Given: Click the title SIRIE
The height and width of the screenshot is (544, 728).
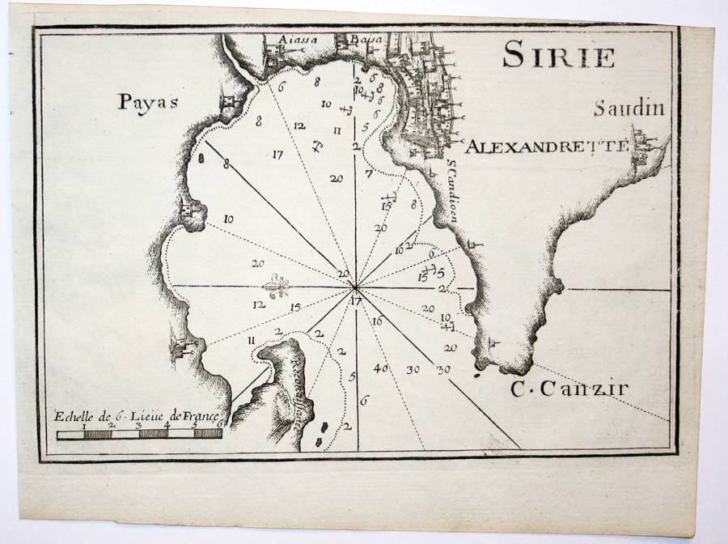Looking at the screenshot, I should pos(558,55).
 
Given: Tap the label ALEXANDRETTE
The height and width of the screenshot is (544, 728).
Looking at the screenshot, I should pos(547,147).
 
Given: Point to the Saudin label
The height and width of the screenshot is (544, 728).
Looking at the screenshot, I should pos(628,108).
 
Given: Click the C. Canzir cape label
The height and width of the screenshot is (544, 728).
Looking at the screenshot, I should pos(569,389).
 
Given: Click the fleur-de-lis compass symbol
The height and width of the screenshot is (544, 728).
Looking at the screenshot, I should pos(277,287).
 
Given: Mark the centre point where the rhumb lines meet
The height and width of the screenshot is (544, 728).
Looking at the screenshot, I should pos(356,287).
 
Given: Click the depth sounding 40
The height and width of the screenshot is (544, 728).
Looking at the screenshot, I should pos(382,368).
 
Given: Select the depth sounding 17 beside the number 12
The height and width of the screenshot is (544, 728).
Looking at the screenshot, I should pos(277,154).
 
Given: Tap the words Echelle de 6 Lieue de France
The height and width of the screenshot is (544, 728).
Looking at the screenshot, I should pos(137,418).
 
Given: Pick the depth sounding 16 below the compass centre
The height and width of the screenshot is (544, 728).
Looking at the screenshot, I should pos(377,321).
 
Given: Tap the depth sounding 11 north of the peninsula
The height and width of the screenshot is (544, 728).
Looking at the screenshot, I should pos(252,340).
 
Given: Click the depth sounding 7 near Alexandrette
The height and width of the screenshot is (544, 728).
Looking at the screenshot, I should pos(368,173).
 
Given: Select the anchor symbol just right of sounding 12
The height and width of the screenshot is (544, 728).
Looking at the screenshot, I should pos(317,147).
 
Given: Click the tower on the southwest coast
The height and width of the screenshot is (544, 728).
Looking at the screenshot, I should pos(180,348).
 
